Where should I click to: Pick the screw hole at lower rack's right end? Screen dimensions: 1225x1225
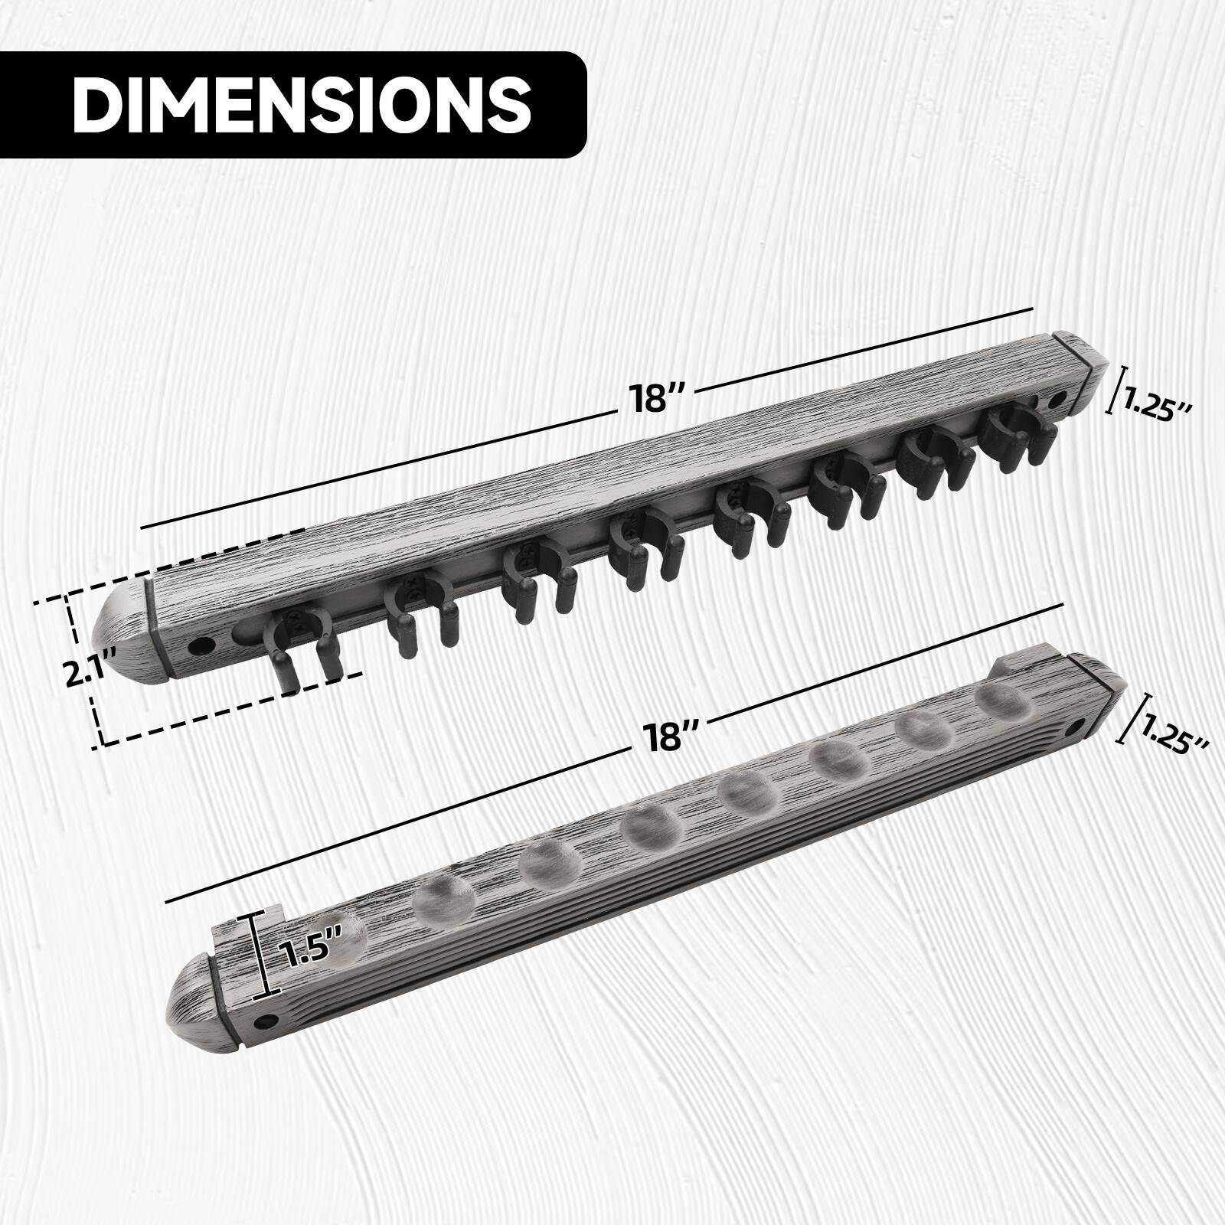pyautogui.click(x=1080, y=724)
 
